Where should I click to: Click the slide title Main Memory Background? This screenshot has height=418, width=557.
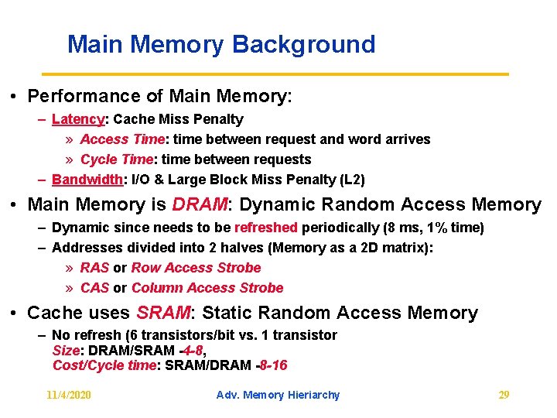(221, 44)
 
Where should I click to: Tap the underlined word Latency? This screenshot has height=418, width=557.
(77, 119)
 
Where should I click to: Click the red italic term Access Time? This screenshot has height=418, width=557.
(121, 139)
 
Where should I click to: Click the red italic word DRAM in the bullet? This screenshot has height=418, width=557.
(200, 204)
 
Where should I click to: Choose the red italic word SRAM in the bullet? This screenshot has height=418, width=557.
(163, 313)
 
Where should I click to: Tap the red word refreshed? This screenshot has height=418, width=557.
(265, 228)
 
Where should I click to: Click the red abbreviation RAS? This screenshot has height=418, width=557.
(94, 268)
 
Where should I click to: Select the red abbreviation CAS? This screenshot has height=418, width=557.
(94, 288)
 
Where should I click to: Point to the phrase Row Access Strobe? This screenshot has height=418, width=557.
(196, 268)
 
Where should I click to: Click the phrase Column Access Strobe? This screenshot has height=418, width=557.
(207, 288)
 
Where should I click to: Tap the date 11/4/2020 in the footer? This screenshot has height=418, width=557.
(69, 395)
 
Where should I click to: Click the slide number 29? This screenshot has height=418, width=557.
(504, 395)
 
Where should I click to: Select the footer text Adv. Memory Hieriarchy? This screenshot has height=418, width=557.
(278, 395)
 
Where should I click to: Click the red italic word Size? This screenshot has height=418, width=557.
(65, 350)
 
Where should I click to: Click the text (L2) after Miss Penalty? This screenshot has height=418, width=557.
(352, 180)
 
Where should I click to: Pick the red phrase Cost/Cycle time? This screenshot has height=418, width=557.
(104, 365)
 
